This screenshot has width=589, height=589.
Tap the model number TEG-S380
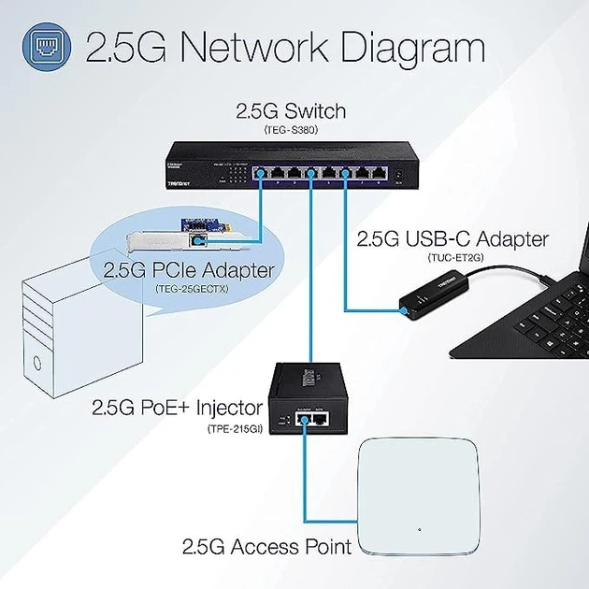pyautogui.click(x=290, y=131)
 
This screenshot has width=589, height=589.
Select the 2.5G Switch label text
pyautogui.click(x=290, y=112)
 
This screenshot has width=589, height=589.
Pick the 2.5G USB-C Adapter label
pyautogui.click(x=453, y=239)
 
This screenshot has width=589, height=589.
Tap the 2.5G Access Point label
pyautogui.click(x=266, y=546)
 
